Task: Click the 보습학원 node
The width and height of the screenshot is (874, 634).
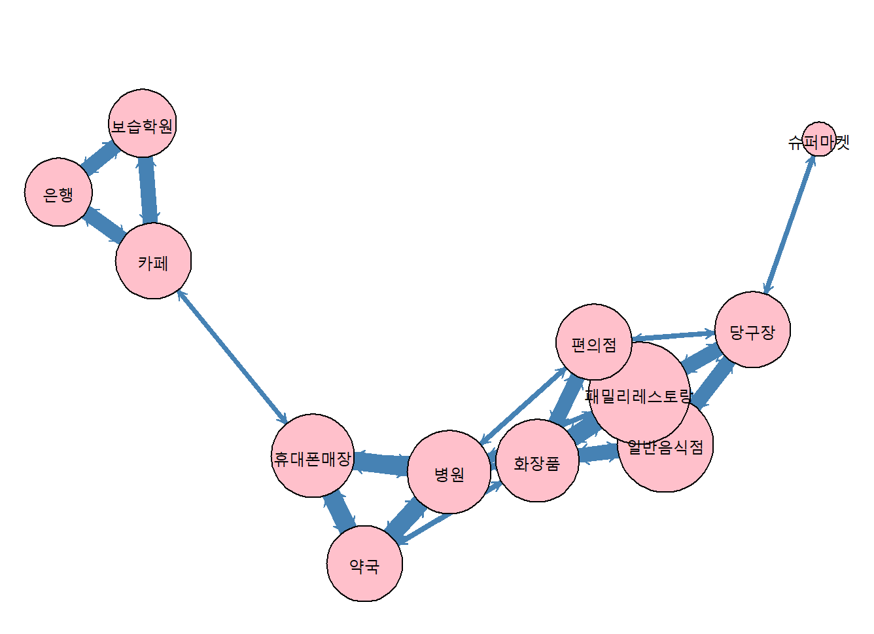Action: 142,123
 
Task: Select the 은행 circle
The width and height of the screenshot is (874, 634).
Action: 58,192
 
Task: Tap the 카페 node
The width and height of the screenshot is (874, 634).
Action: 153,261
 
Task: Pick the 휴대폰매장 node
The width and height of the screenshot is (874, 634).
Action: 313,456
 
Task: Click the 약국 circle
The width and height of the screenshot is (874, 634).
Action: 364,563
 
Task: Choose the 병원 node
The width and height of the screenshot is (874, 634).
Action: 449,472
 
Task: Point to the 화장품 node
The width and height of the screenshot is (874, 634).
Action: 537,461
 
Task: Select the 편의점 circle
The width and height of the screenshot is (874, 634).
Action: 593,343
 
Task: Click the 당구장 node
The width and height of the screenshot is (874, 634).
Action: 752,329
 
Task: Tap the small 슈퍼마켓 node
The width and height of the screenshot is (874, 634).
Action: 818,139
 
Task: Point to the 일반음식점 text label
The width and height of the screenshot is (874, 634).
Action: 665,447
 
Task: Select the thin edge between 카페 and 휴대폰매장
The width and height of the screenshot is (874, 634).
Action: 232,358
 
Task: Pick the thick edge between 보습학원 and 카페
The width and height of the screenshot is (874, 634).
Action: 148,190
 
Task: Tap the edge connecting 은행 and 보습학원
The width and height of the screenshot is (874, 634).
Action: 101,158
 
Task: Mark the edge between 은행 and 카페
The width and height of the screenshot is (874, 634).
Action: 105,223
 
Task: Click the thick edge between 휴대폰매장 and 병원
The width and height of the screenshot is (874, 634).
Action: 381,463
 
